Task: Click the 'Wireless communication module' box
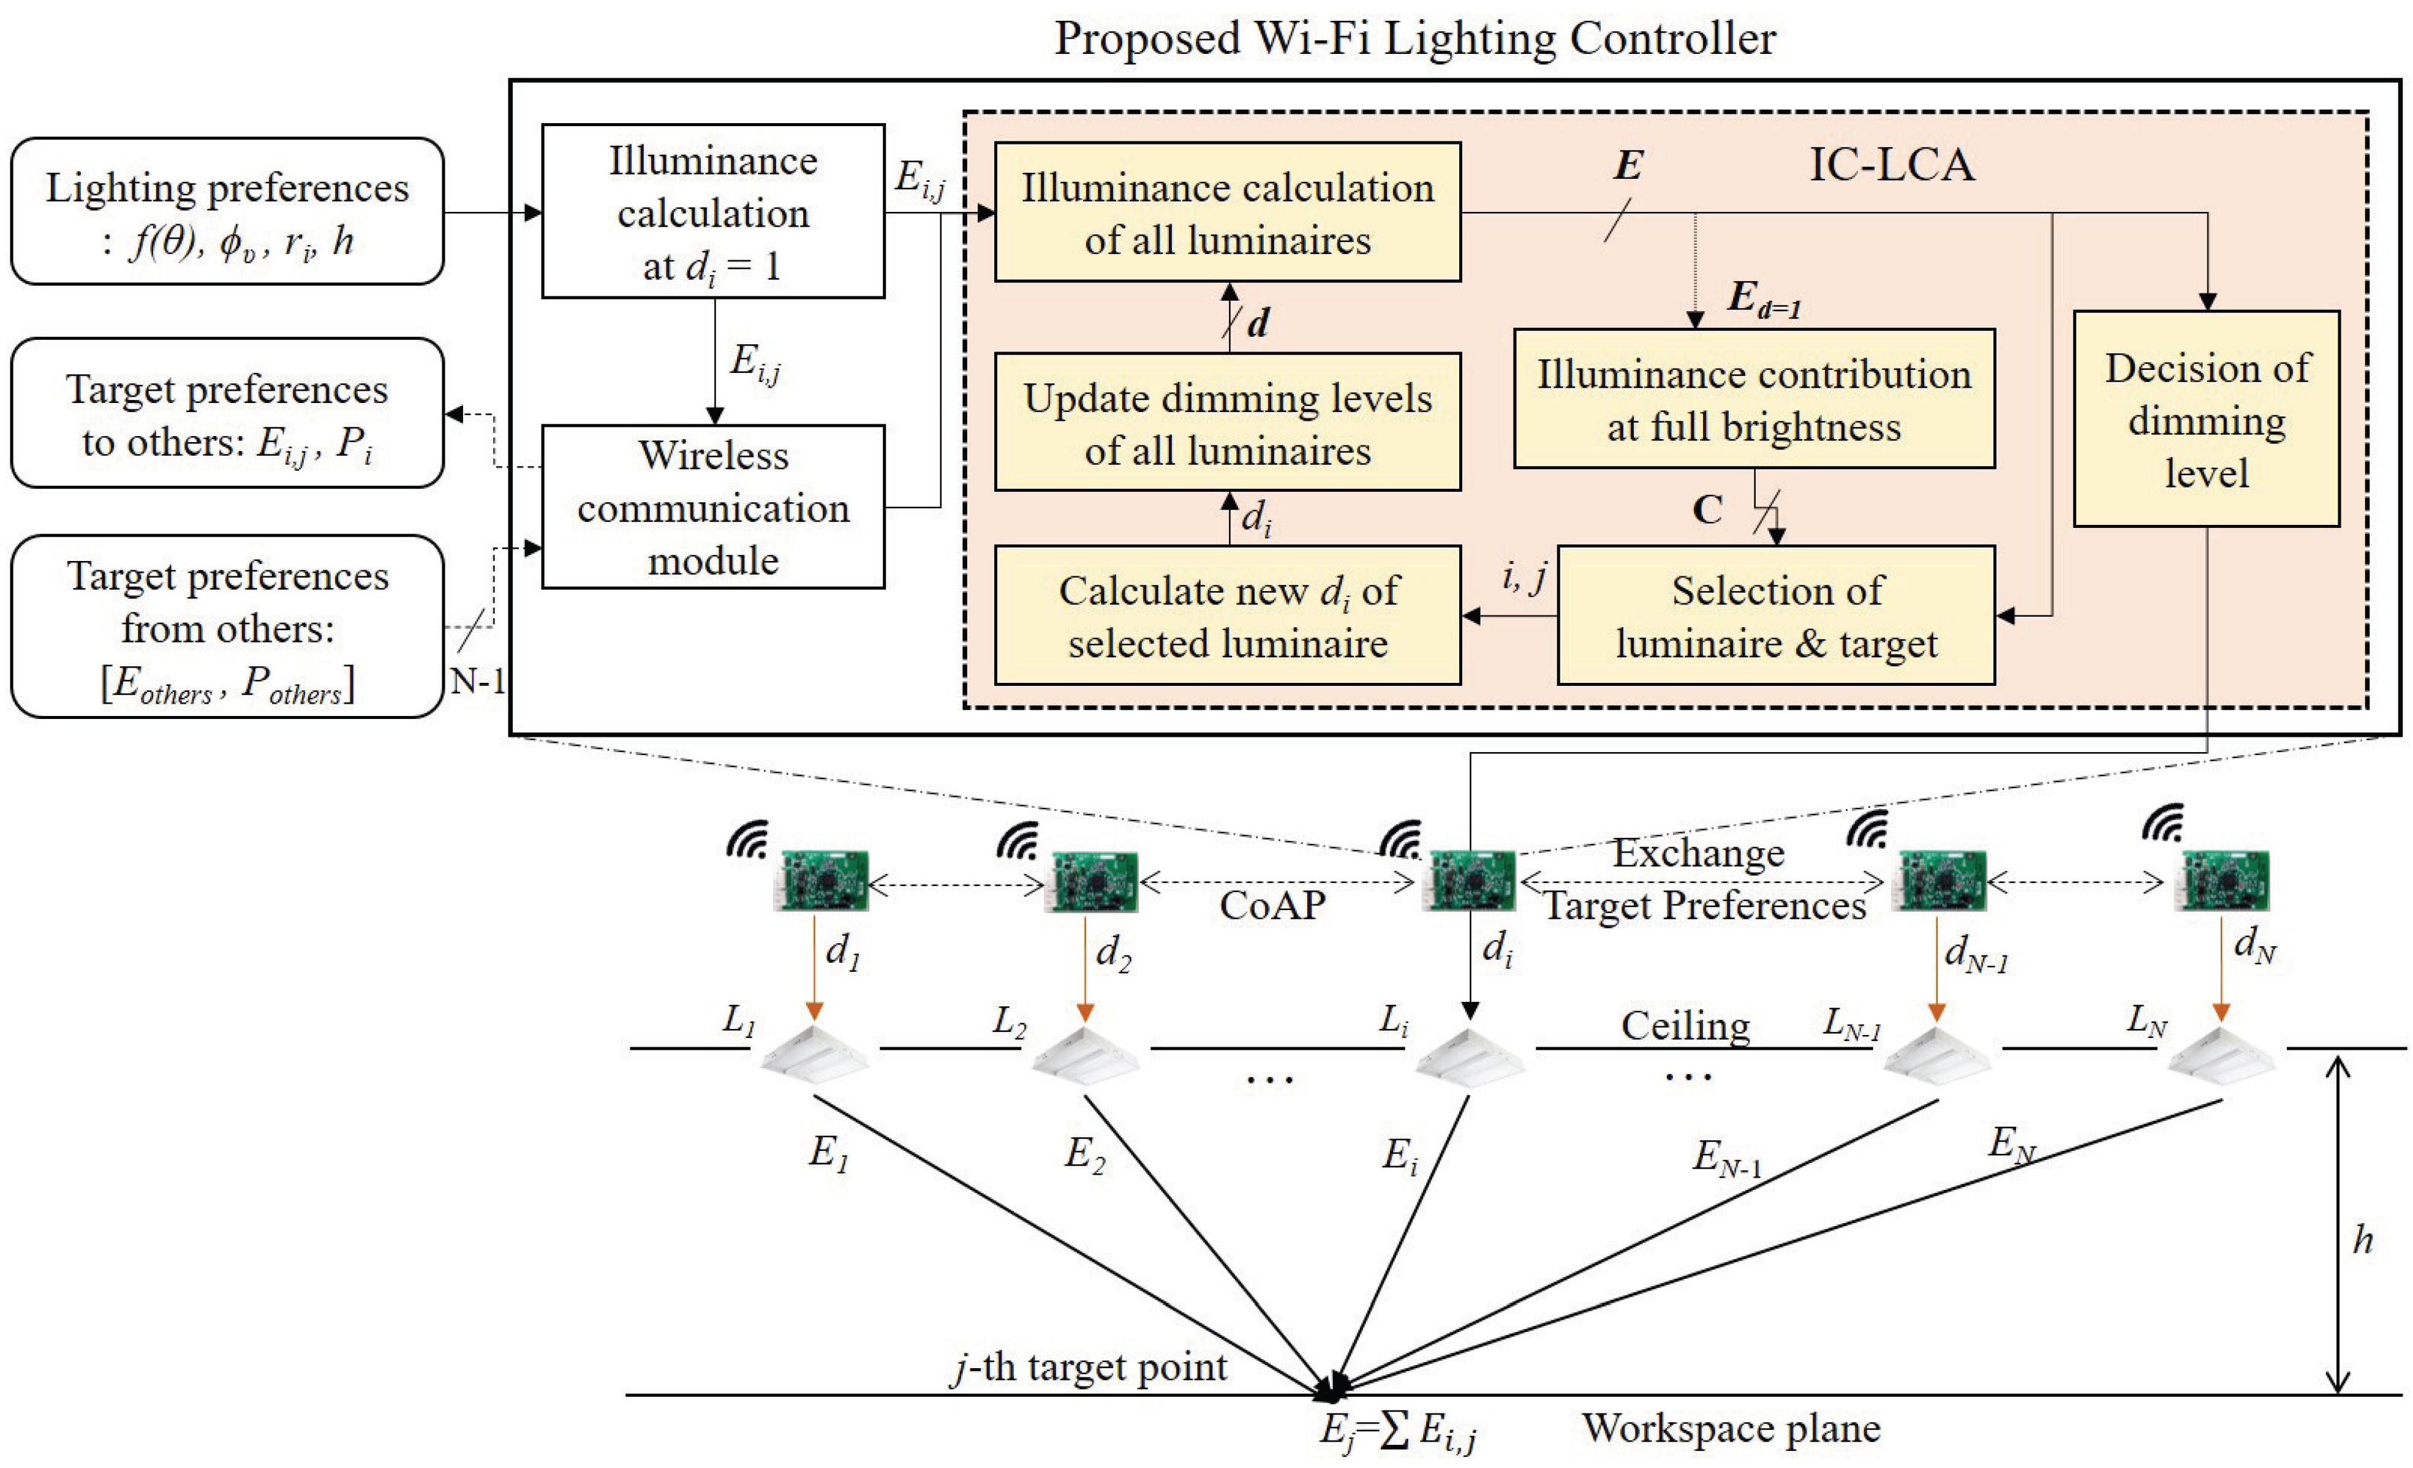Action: click(x=713, y=506)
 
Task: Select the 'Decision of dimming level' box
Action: click(x=2207, y=419)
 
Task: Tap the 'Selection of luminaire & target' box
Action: click(x=1775, y=615)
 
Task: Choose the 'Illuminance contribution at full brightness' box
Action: click(x=1754, y=399)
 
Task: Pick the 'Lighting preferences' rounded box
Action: click(x=227, y=211)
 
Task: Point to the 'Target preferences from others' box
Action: click(x=227, y=627)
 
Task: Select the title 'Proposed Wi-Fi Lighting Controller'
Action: click(x=1414, y=39)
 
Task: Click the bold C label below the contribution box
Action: click(x=1707, y=510)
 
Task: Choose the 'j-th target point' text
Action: click(x=1089, y=1367)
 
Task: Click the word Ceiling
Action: click(x=1685, y=1025)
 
